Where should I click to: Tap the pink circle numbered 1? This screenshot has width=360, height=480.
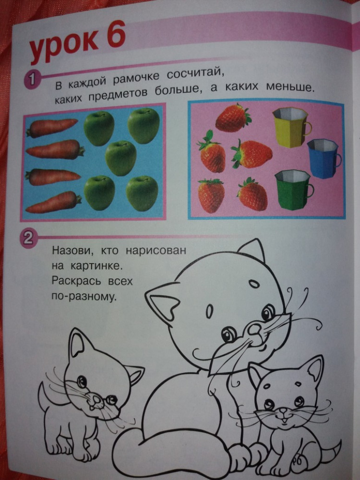[x=31, y=80]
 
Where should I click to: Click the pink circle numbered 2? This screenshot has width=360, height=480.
[x=28, y=239]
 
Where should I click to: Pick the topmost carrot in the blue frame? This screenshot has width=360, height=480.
[x=52, y=128]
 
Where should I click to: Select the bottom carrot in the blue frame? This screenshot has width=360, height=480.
[x=54, y=202]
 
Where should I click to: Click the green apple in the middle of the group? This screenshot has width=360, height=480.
[x=120, y=158]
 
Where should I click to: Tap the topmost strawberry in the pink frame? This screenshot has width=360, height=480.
[x=233, y=118]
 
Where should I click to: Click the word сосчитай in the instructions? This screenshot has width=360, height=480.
[x=194, y=74]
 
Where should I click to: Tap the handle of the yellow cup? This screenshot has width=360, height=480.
[x=308, y=129]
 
